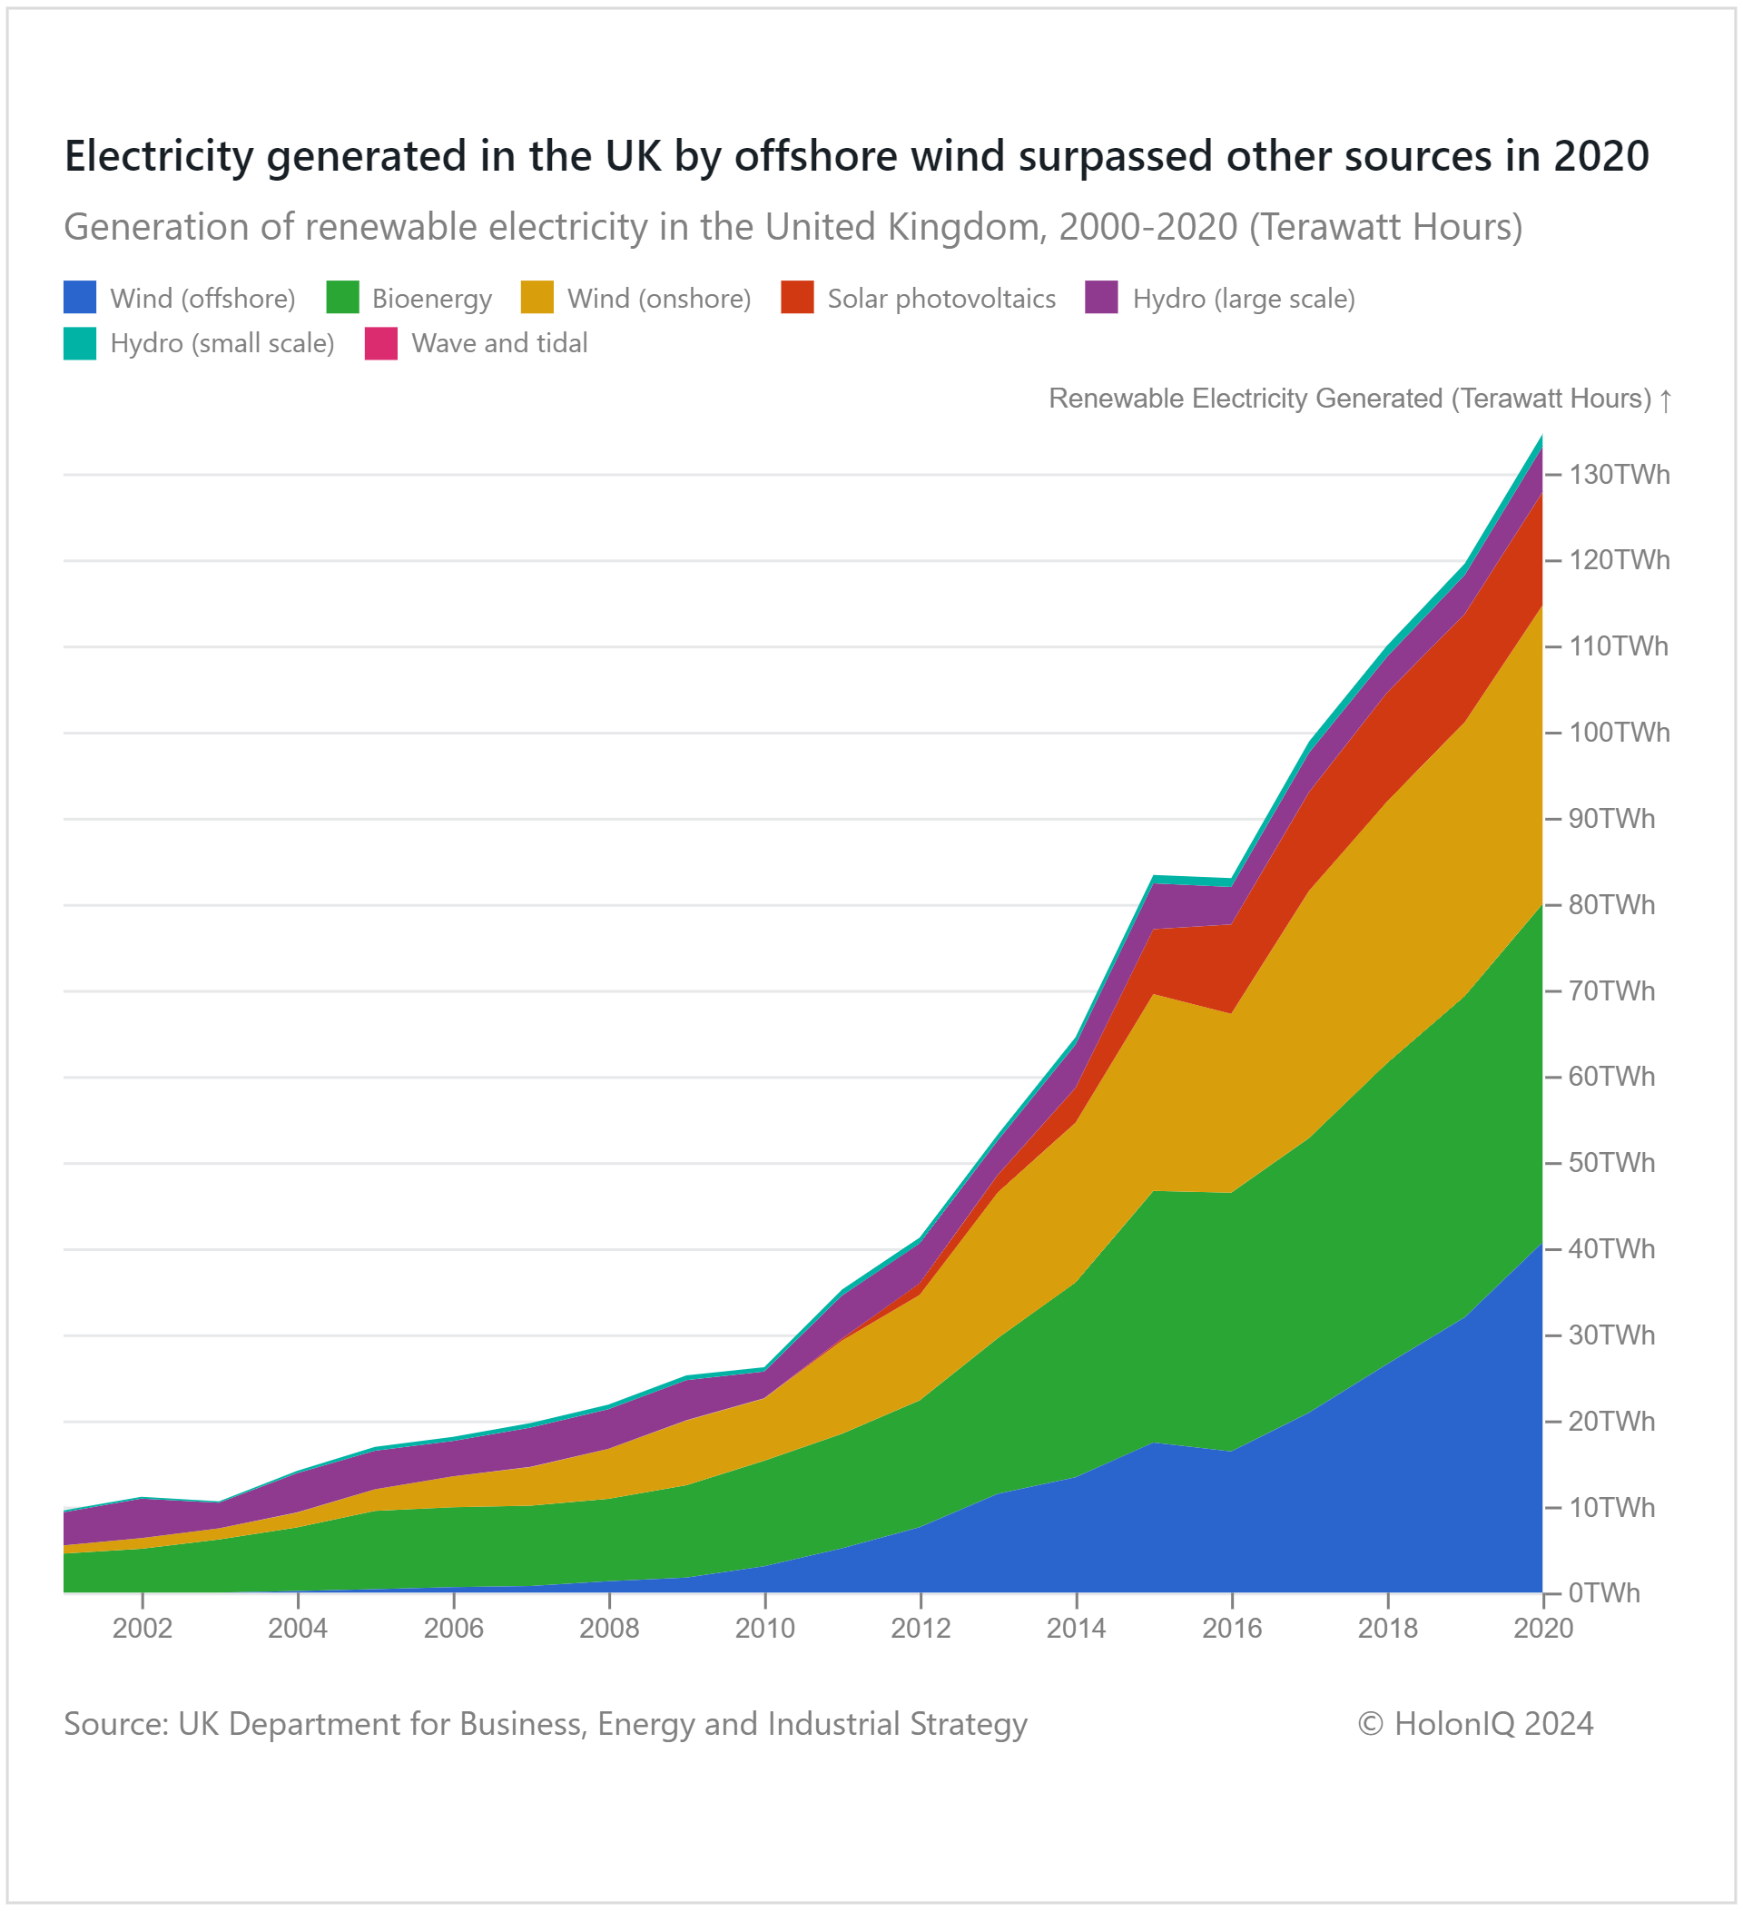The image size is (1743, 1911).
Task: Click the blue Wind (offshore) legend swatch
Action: coord(80,298)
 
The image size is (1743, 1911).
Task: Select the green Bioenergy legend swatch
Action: coord(342,298)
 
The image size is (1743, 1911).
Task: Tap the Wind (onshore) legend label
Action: coord(659,299)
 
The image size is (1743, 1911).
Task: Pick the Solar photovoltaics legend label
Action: coord(941,299)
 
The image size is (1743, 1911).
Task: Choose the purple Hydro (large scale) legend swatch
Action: coord(1101,298)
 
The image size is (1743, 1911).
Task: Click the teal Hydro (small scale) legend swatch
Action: coord(80,343)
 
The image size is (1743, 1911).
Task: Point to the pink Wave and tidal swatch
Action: coord(381,343)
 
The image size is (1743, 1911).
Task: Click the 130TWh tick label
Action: coord(1619,475)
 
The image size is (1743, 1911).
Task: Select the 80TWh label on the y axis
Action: coord(1611,905)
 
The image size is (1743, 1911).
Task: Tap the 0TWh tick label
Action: coord(1604,1593)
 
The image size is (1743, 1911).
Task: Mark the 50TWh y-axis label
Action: coord(1611,1163)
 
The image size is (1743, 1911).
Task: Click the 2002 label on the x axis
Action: coord(143,1629)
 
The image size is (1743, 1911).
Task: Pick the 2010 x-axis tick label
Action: coord(765,1629)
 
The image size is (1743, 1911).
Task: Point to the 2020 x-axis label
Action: coord(1543,1629)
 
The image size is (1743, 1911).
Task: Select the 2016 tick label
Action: coord(1232,1629)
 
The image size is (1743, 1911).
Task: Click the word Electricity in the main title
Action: coord(159,156)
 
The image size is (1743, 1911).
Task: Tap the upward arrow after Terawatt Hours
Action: coord(1665,400)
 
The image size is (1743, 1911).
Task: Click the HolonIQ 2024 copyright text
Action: coord(1475,1723)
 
